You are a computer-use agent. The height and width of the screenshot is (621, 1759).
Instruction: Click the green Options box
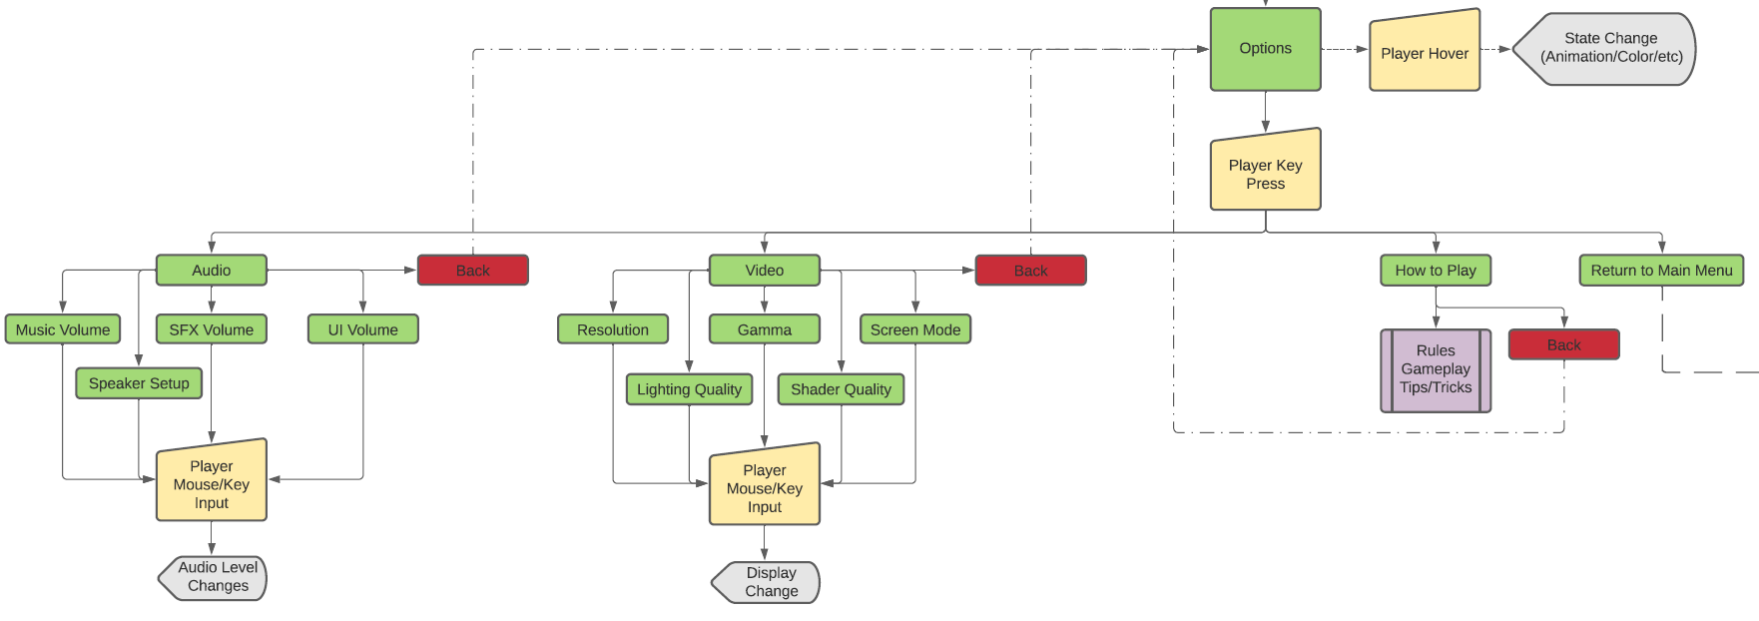(1265, 49)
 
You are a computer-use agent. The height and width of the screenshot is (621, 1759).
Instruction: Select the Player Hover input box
(1424, 53)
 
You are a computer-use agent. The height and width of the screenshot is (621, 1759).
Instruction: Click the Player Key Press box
(1265, 173)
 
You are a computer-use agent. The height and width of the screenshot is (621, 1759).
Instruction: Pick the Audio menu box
(211, 271)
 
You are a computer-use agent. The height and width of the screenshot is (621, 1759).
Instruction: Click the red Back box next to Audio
(472, 271)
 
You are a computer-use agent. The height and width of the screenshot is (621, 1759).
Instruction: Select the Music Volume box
(63, 329)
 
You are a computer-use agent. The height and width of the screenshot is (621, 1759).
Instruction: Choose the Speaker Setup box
(139, 383)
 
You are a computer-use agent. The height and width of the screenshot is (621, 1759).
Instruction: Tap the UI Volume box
(362, 329)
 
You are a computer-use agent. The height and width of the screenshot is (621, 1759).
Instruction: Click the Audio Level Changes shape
(215, 577)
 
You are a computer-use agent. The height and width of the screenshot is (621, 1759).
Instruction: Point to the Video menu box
(764, 271)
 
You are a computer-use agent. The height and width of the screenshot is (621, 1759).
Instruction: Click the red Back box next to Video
(1030, 271)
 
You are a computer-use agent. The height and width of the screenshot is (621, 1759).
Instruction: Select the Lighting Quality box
(689, 389)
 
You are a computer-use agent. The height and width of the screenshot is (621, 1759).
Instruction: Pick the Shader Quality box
(841, 389)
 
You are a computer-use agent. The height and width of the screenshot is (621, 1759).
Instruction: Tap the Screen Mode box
(914, 329)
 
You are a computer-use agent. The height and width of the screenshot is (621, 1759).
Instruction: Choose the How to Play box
(1435, 271)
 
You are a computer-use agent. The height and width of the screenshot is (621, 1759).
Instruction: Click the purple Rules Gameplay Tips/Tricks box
(1435, 369)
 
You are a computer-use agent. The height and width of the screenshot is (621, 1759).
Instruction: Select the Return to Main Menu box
(1661, 271)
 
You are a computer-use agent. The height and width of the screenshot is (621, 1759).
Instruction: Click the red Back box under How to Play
(1563, 344)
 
